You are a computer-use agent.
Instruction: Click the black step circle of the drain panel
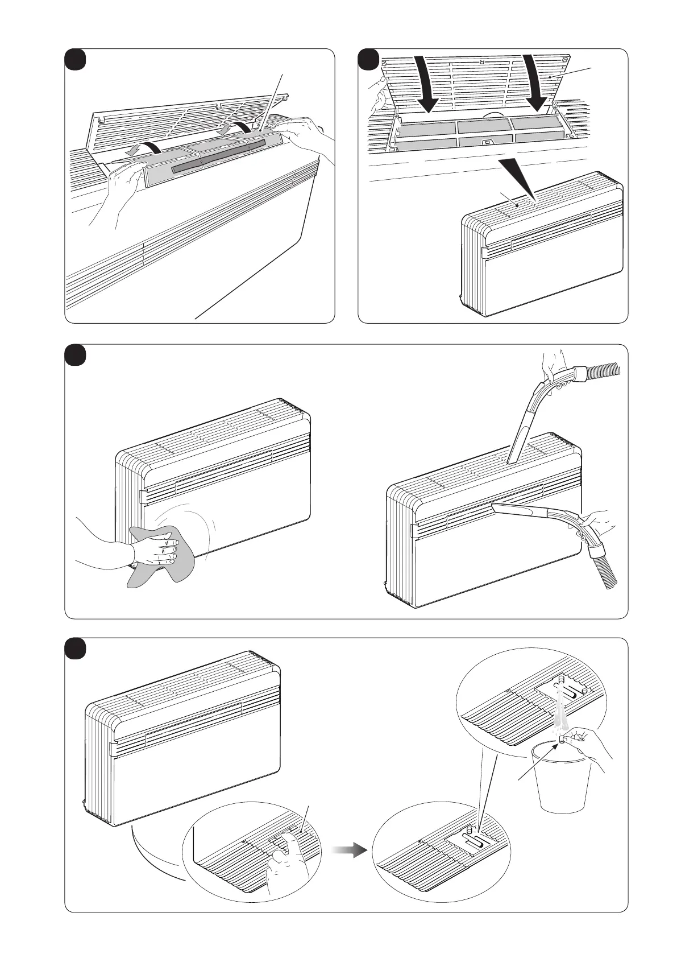point(75,649)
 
